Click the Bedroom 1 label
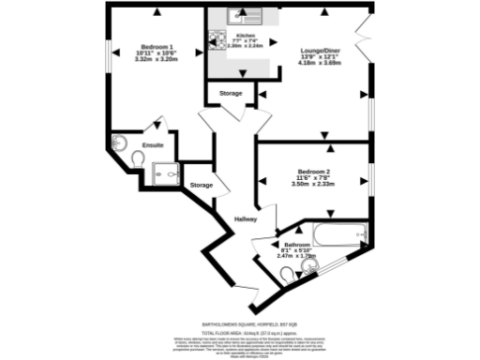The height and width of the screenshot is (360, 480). coord(157,47)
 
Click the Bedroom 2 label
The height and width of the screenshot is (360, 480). coord(313,172)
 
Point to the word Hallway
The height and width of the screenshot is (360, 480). coord(246,218)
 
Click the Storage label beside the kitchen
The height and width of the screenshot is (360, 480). coord(231,95)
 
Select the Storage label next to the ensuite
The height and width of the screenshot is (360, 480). coord(201,186)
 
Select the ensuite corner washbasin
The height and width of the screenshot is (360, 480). coord(118,142)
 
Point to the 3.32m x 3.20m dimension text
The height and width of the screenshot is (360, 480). coord(157,59)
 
